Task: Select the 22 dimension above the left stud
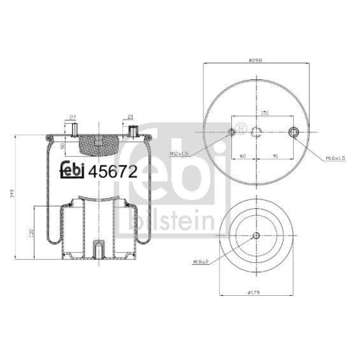72,117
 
